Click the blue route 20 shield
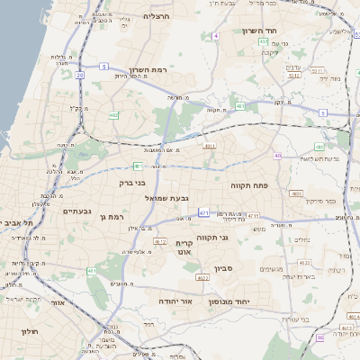pyautogui.click(x=79, y=75)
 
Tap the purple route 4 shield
pyautogui.click(x=216, y=36)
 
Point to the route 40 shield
pyautogui.click(x=278, y=156)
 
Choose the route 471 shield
pyautogui.click(x=204, y=212)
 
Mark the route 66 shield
pyautogui.click(x=321, y=337)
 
